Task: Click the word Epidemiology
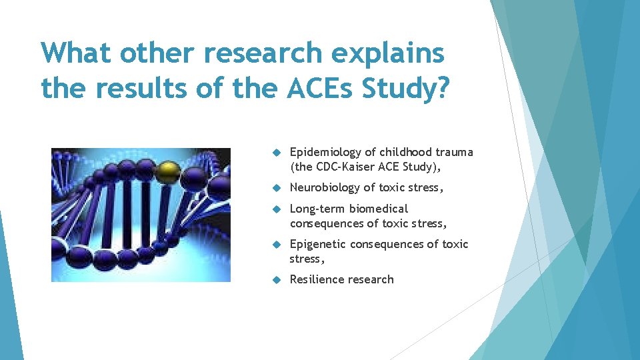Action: pyautogui.click(x=325, y=152)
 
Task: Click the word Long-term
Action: pyautogui.click(x=315, y=209)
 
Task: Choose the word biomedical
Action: pyautogui.click(x=379, y=209)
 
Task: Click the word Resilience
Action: pyautogui.click(x=316, y=279)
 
